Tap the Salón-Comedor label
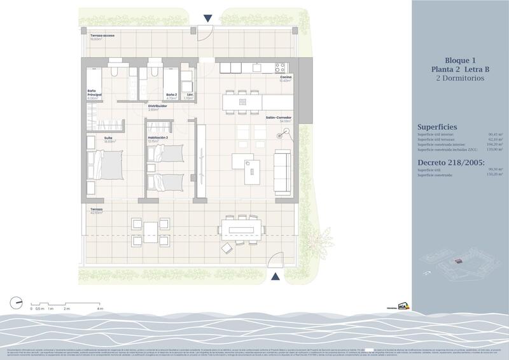click(279, 118)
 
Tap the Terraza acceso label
click(102, 35)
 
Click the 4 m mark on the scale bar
click(100, 308)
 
